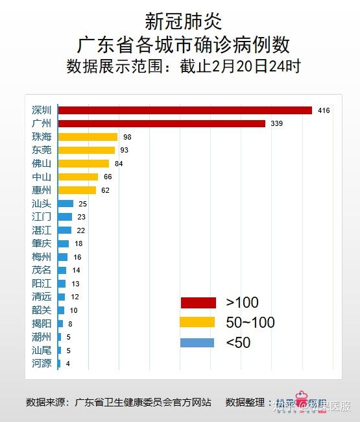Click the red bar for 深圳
(185, 110)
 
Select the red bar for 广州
(162, 123)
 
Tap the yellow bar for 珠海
(88, 137)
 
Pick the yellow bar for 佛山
(84, 164)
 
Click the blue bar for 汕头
(66, 204)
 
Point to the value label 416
(324, 110)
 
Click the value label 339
(277, 123)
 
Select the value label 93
(124, 150)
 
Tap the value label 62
(106, 190)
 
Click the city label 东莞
(42, 150)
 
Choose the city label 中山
(42, 177)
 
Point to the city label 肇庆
(42, 243)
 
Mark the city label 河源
(42, 364)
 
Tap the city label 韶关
(42, 310)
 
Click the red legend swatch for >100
(197, 303)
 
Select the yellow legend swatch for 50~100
(197, 323)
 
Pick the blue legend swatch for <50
(197, 343)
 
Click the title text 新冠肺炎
(180, 22)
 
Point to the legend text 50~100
(250, 323)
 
